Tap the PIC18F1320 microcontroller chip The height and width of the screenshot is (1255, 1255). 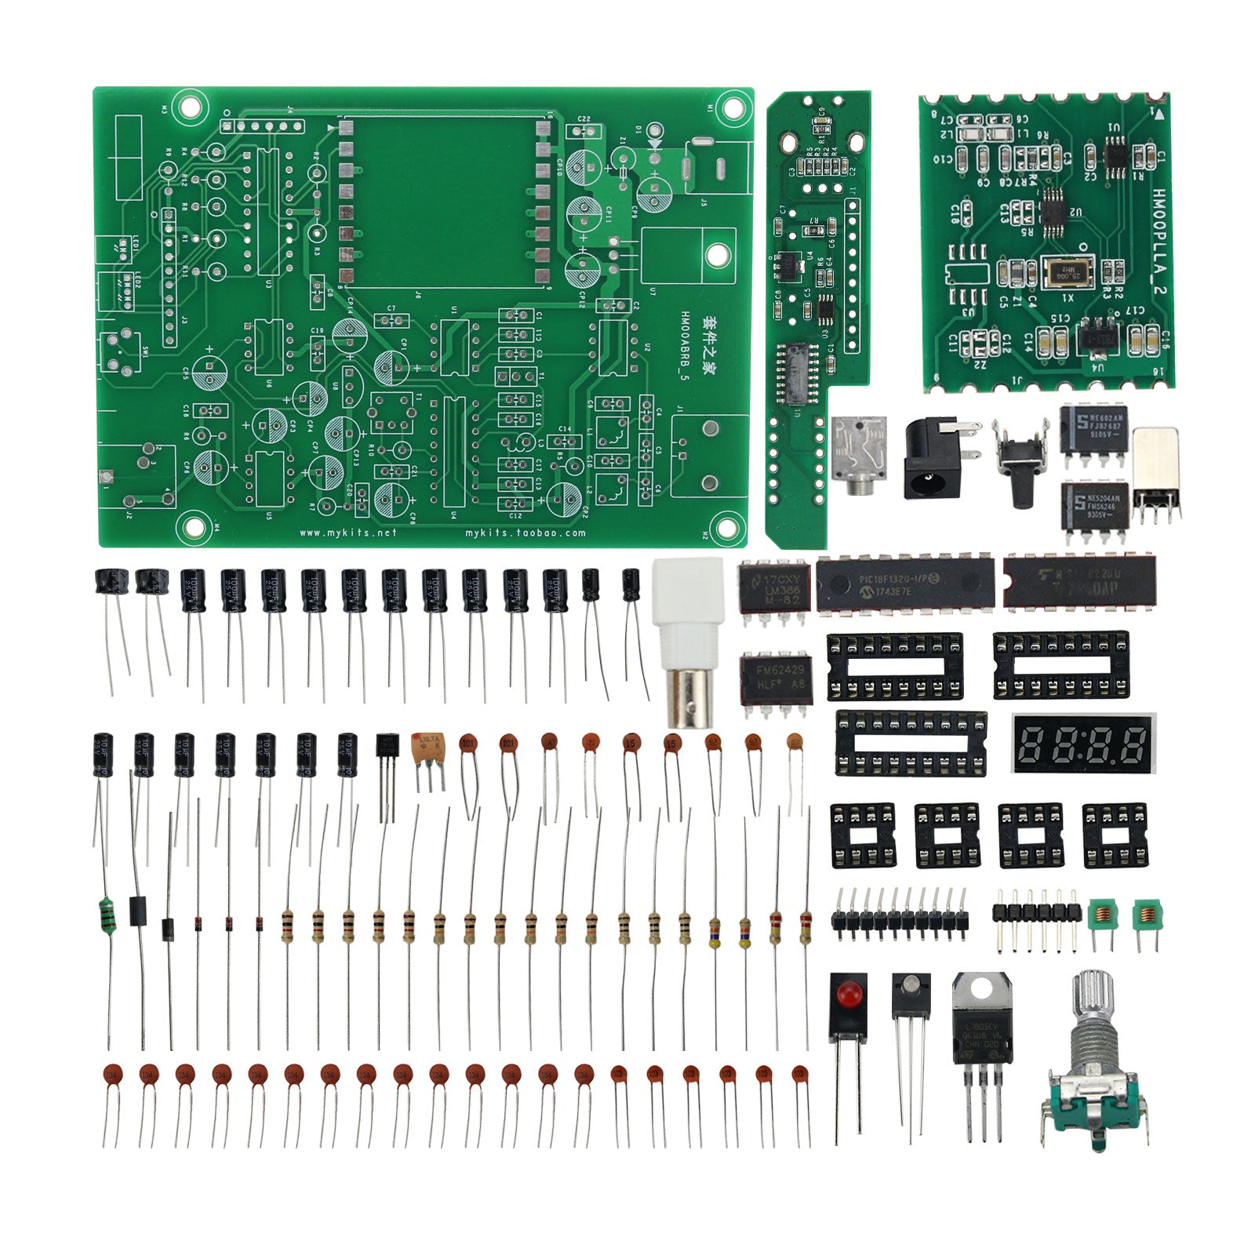click(904, 584)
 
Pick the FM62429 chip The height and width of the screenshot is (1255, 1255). click(776, 676)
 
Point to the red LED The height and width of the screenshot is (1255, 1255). click(848, 995)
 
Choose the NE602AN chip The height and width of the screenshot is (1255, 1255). click(1093, 427)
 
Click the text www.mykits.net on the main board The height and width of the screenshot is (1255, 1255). click(348, 533)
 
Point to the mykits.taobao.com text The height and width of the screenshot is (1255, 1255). click(525, 533)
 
